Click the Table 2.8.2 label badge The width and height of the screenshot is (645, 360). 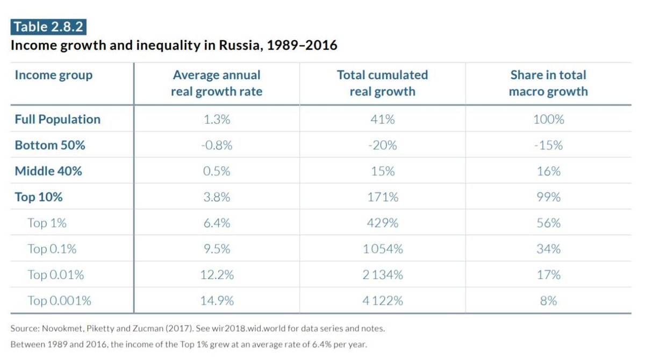[48, 26]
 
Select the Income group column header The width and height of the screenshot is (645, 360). [53, 75]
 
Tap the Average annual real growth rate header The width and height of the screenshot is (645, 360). [217, 83]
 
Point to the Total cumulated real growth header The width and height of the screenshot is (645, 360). [382, 83]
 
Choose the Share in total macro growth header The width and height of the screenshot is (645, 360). [548, 83]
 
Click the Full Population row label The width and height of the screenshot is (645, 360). [58, 119]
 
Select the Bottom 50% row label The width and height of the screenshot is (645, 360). [49, 145]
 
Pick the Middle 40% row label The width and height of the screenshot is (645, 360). [48, 171]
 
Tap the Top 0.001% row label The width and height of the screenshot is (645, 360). [59, 301]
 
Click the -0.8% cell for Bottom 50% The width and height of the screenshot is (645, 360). [217, 145]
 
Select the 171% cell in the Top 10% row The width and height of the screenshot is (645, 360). [382, 197]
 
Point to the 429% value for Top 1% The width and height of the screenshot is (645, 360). [382, 223]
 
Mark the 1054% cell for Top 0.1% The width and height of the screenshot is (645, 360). [382, 249]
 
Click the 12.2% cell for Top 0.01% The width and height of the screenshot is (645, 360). [217, 275]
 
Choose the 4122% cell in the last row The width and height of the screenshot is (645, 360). [382, 301]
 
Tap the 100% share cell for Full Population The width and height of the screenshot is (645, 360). [548, 119]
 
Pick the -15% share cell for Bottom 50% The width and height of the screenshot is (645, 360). [548, 145]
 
